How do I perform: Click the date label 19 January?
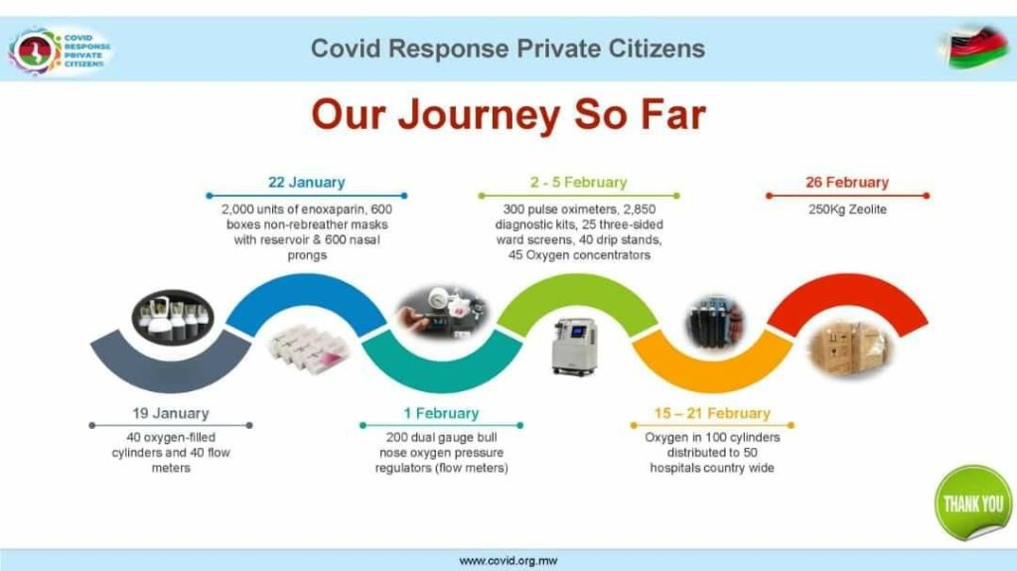point(171,413)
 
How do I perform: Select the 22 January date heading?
point(307,183)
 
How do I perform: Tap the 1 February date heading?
point(441,413)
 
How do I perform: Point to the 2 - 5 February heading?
point(579,183)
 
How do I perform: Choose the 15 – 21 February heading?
point(712,413)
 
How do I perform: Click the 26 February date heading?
point(847,183)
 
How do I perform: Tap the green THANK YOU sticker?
point(973,502)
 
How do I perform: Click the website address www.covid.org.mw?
point(508,561)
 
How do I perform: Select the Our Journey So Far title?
point(508,114)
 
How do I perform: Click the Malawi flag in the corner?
point(975,47)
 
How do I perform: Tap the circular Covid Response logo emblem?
point(35,51)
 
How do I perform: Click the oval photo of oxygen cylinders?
point(173,318)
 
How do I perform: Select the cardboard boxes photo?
point(850,350)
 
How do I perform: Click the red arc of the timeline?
point(847,291)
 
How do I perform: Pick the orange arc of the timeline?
point(712,375)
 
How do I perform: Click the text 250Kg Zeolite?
point(847,210)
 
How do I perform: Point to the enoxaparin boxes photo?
point(309,350)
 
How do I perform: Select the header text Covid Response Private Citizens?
point(508,49)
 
